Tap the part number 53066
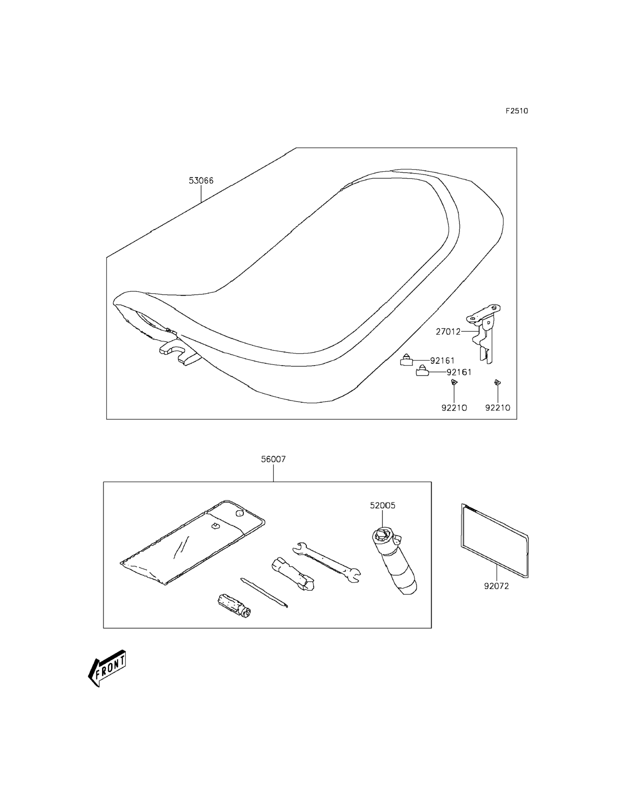[x=201, y=181]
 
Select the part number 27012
[x=448, y=332]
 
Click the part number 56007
[x=273, y=459]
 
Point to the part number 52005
[x=382, y=505]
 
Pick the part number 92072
[x=496, y=586]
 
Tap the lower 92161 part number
[x=459, y=372]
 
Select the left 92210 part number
[x=454, y=408]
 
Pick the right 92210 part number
[x=498, y=408]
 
